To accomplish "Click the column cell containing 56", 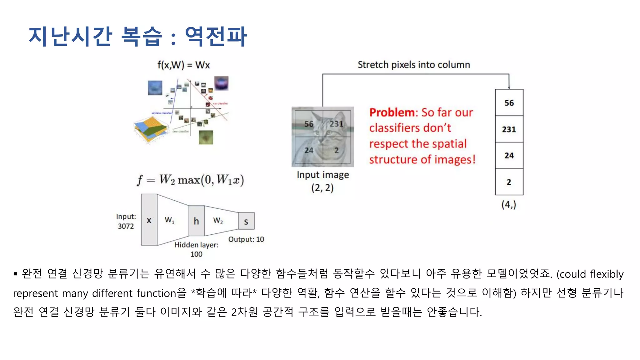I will tap(509, 103).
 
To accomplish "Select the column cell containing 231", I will tap(509, 129).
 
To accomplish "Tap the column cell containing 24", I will tap(509, 155).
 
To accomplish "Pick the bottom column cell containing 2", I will tap(509, 182).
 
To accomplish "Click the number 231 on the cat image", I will tap(336, 124).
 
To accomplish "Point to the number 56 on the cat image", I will tap(309, 124).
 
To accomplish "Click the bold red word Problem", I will tap(392, 112).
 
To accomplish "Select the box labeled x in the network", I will tap(149, 220).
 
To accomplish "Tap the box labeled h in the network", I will tap(196, 221).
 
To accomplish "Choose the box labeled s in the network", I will tap(246, 221).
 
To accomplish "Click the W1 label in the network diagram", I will tap(169, 220).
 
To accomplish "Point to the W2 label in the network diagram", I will tap(218, 220).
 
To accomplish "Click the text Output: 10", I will tap(246, 239).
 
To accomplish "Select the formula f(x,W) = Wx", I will tap(183, 65).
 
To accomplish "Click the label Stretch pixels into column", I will tap(413, 65).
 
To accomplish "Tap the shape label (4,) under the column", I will tap(508, 205).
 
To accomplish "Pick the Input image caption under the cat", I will tap(322, 175).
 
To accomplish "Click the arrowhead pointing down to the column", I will tap(509, 87).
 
